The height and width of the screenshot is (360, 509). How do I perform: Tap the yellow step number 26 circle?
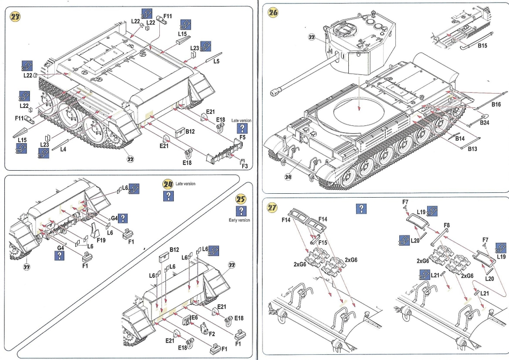coord(273,12)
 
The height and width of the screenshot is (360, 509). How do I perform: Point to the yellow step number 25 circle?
coord(242,199)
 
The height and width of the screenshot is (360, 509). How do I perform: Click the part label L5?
coord(216,61)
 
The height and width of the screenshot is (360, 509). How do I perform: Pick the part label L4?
coord(63,149)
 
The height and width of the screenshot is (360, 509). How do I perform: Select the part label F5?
coord(242,138)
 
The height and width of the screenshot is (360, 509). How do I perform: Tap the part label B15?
coord(482,45)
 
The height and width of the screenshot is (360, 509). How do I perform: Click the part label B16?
coord(496,104)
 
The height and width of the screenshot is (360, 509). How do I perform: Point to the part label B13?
coord(473,149)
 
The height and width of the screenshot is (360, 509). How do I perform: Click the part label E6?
coord(194,318)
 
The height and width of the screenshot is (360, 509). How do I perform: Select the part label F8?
coord(447,225)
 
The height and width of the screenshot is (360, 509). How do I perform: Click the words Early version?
coord(239,220)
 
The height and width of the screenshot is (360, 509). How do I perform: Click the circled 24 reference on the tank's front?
coord(288,177)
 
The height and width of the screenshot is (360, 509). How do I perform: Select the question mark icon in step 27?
coord(362,209)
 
